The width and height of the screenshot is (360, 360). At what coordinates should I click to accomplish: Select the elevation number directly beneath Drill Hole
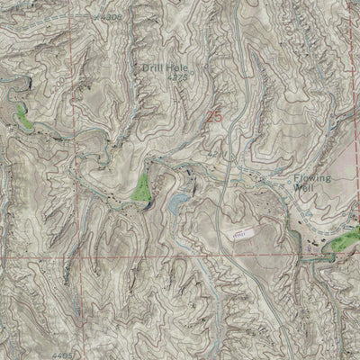177,77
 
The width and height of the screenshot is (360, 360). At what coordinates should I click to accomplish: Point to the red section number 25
213,116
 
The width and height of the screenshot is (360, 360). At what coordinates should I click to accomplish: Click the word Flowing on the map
313,178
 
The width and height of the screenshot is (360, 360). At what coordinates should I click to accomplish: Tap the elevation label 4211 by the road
217,155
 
